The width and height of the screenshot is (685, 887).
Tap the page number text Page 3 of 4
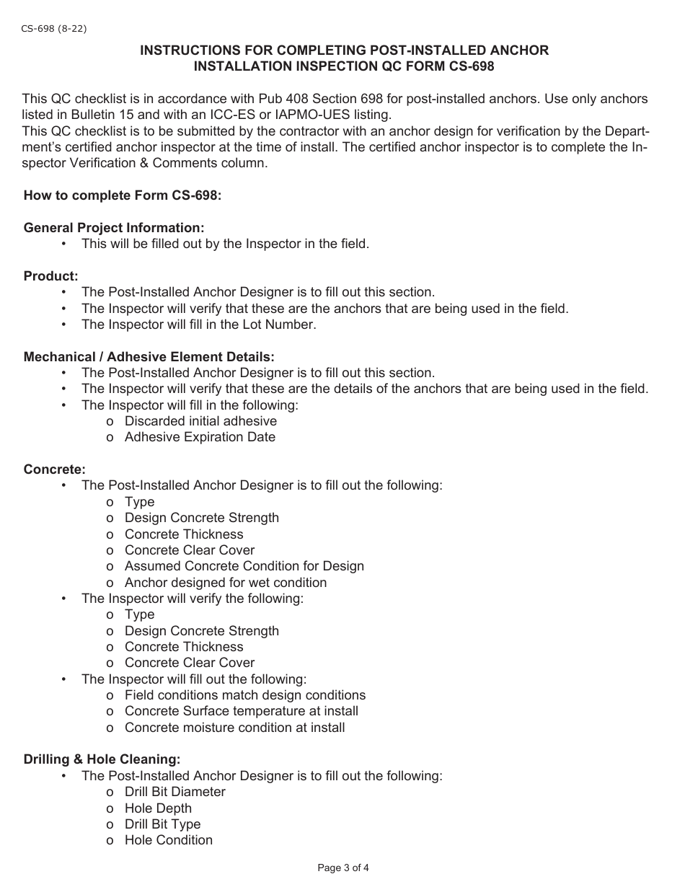[343, 868]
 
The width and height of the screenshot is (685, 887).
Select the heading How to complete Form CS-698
[123, 195]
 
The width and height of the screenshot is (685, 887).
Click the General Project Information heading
[114, 228]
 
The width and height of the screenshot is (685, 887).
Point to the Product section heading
[50, 276]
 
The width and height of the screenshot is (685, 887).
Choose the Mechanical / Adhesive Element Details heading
[149, 357]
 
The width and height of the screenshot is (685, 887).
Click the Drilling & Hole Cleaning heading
[102, 759]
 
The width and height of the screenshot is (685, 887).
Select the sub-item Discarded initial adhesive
[200, 421]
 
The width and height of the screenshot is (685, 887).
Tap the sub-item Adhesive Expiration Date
[200, 437]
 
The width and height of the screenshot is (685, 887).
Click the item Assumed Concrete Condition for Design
[244, 566]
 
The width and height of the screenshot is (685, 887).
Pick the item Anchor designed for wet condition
[226, 583]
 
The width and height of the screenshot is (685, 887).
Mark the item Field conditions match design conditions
[244, 695]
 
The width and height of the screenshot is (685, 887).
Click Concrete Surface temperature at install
[241, 711]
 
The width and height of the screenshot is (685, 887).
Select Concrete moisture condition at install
[234, 728]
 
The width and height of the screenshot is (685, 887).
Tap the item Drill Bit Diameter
[174, 792]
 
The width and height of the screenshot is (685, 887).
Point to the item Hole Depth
[158, 808]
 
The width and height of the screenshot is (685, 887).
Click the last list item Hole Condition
[168, 840]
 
